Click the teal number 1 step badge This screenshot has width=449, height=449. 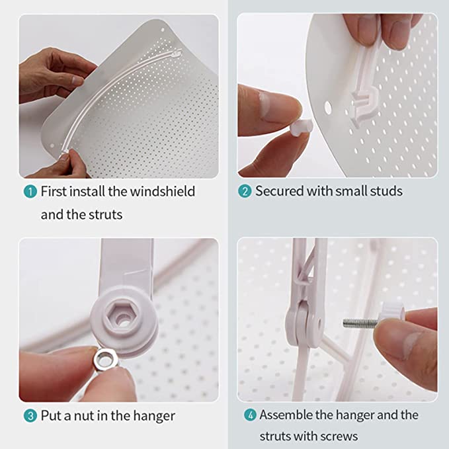point(30,192)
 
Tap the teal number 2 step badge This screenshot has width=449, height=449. point(245,191)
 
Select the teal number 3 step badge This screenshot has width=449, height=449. point(30,416)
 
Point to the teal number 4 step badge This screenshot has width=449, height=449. point(250,415)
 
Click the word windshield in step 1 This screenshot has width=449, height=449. point(163,191)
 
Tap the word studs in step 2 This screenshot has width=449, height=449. point(386,191)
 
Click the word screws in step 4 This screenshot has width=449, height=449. point(339,436)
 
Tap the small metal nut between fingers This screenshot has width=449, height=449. point(106,360)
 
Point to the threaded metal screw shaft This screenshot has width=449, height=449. point(361,323)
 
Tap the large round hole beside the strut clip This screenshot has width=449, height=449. point(328,108)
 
